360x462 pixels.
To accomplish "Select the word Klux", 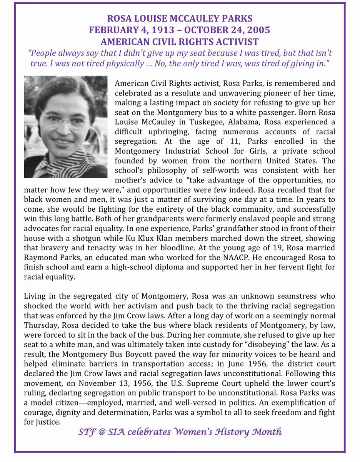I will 148,239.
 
